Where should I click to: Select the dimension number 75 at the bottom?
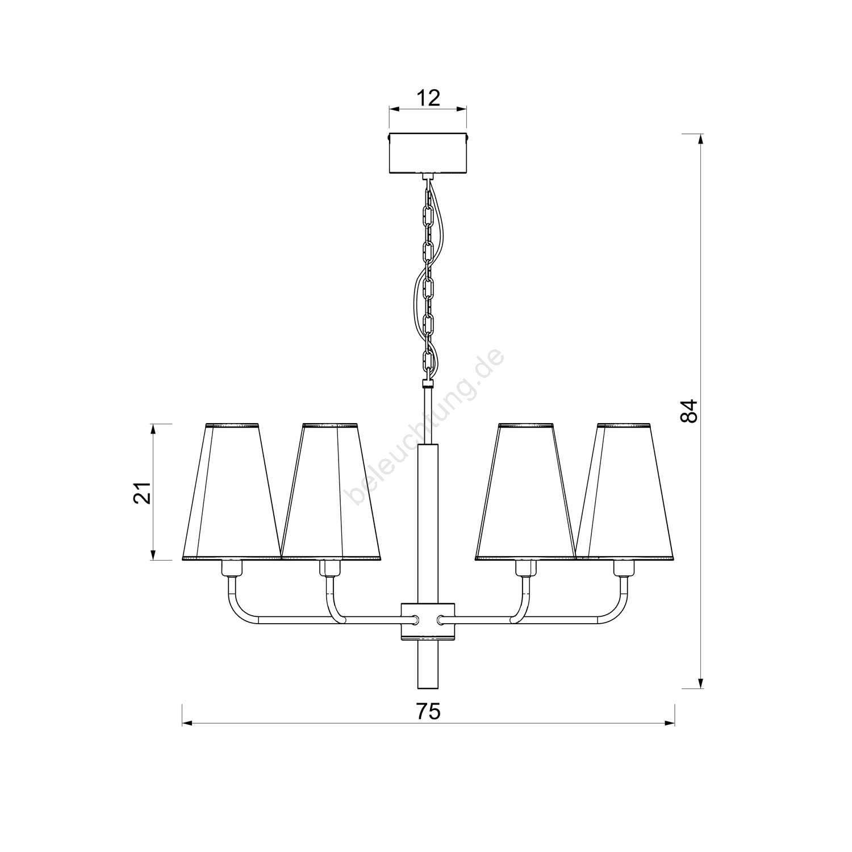click(428, 711)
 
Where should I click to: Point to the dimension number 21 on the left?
click(142, 492)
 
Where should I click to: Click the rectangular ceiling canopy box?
click(428, 153)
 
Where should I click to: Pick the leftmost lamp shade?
click(232, 492)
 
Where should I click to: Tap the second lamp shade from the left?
click(331, 492)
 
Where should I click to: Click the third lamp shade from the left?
click(525, 492)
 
